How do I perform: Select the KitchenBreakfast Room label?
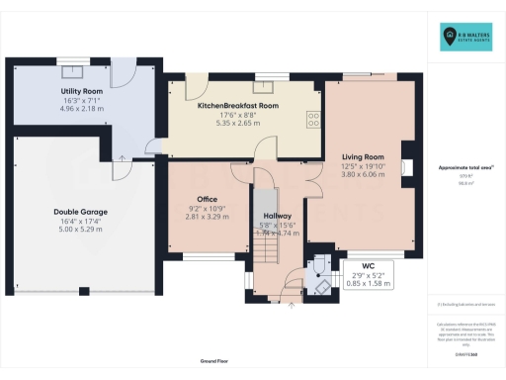[x=238, y=105]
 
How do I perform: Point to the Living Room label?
[x=363, y=156]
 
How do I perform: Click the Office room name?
[x=207, y=199]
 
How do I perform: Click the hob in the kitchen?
[x=313, y=118]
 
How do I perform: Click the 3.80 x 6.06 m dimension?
[x=363, y=176]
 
